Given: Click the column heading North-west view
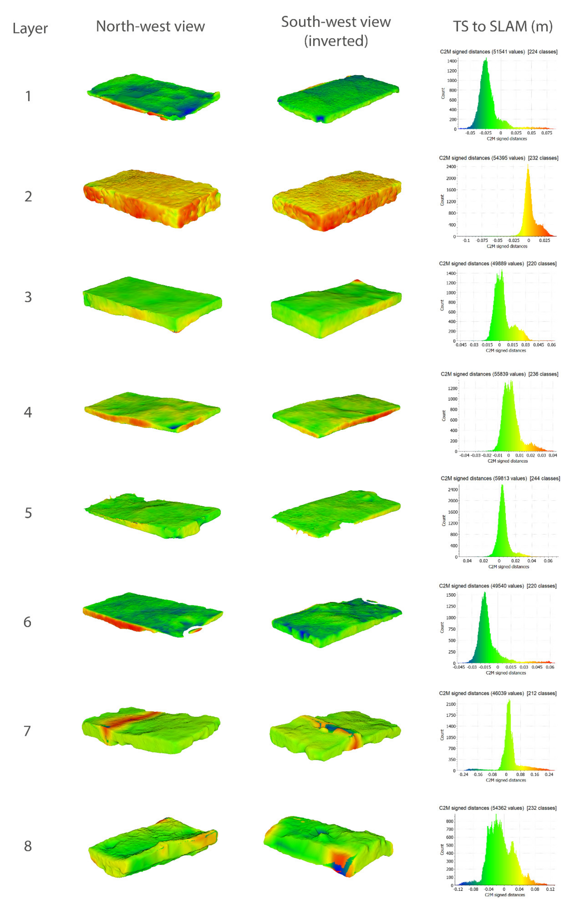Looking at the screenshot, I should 150,26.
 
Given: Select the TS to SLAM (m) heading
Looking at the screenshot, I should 503,26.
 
